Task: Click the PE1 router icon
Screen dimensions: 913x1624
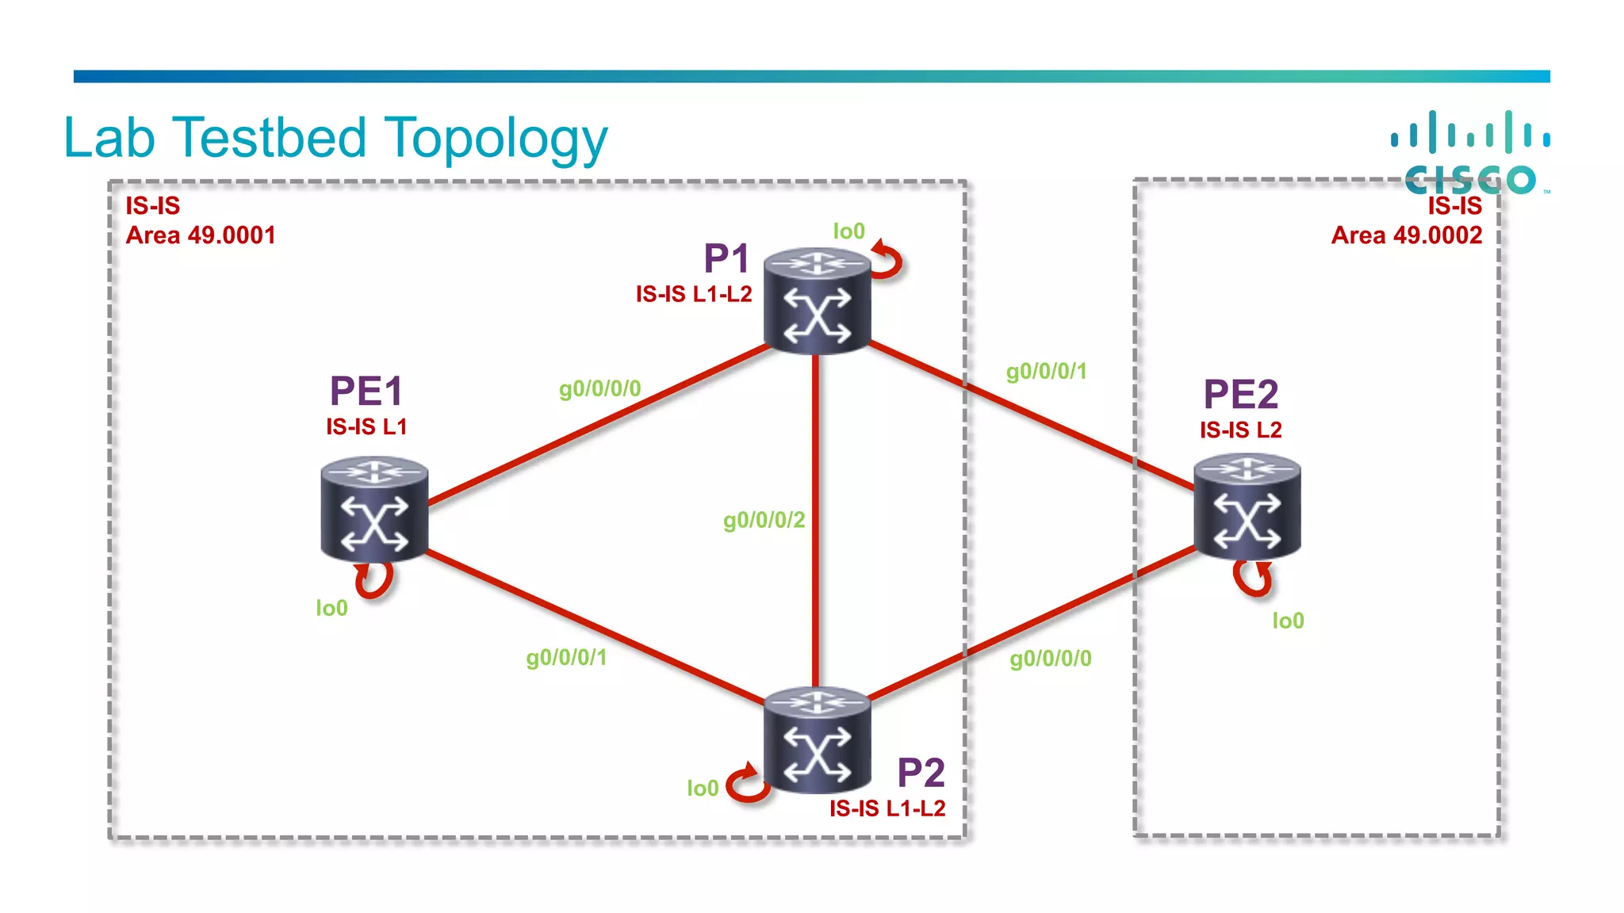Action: coord(374,509)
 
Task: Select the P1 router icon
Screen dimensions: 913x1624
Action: coord(817,300)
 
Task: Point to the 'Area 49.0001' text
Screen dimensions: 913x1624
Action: coord(201,235)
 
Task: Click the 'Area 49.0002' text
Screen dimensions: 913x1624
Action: coord(1406,235)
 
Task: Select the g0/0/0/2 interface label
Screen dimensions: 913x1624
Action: coord(764,520)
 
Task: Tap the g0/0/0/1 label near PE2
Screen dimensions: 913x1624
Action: coord(1046,371)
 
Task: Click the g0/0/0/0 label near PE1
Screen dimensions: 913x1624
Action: coord(599,388)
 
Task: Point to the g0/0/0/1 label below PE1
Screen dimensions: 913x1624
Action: coord(566,657)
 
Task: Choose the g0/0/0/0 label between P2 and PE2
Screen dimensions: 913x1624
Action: coord(1050,659)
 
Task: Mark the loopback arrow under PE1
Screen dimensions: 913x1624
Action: coord(374,580)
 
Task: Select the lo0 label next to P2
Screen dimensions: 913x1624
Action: coord(703,788)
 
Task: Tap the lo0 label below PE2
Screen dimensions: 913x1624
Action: coord(1288,621)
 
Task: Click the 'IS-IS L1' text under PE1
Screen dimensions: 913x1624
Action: coord(366,426)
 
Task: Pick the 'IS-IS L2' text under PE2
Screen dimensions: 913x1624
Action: coord(1240,430)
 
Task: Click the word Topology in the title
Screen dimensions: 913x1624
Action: coord(496,139)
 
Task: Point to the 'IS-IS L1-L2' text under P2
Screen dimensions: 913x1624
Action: coord(887,808)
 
